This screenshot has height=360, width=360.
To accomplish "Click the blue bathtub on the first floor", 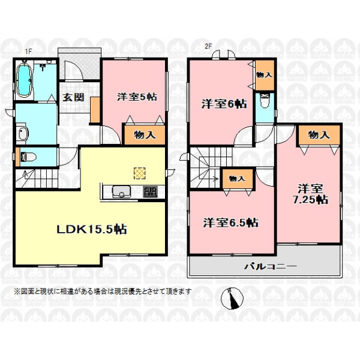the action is [24, 80].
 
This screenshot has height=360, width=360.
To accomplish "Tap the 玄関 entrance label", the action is [73, 98].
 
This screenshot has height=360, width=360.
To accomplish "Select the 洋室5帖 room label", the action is [137, 97].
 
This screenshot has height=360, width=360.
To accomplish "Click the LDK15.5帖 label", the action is [92, 229].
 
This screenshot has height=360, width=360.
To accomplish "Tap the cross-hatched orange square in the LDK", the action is [140, 173].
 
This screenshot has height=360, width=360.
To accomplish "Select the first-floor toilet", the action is [28, 157].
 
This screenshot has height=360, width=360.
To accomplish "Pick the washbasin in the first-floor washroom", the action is [23, 133].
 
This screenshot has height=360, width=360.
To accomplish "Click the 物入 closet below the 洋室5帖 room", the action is [145, 135].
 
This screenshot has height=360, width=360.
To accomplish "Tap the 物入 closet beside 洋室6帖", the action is [265, 75].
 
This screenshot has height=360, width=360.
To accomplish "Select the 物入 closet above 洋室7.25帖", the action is [319, 135].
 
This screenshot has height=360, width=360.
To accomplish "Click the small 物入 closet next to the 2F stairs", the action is [238, 179].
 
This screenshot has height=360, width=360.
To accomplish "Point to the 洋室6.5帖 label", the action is [230, 223].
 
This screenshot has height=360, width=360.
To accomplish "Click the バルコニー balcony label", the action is [270, 266].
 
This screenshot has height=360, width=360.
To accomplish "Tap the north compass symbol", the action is [232, 298].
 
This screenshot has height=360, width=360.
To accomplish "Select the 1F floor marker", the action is [28, 52].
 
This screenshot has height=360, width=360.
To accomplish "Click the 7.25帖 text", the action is [310, 200].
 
